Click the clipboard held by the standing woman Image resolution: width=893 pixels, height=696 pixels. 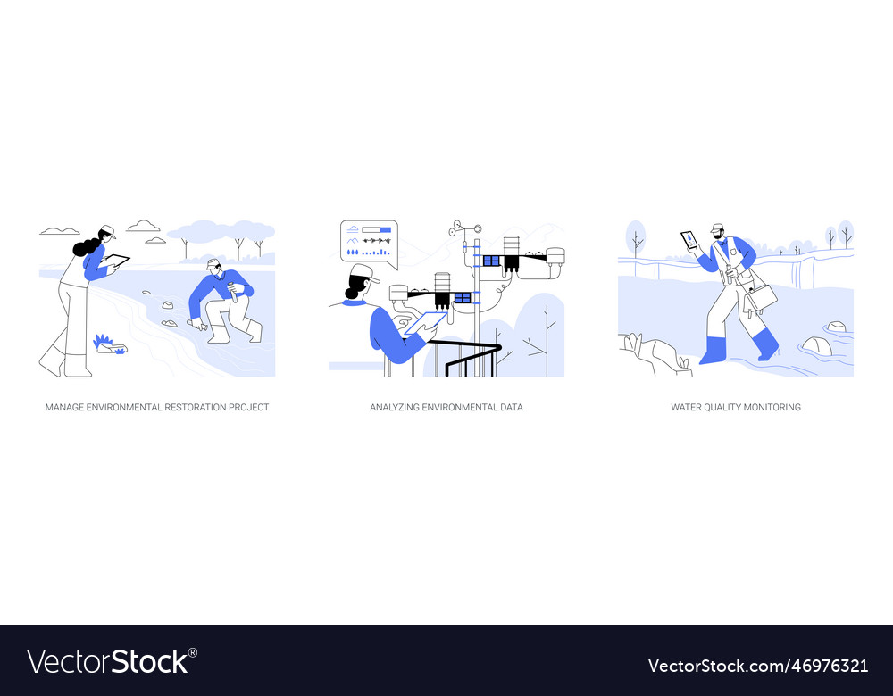tap(117, 261)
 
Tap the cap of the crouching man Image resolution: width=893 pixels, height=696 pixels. tap(212, 263)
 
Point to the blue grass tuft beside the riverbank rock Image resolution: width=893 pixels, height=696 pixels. tap(103, 340)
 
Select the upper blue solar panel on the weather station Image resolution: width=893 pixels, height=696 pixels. tap(490, 261)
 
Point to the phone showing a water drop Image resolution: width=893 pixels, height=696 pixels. tap(689, 240)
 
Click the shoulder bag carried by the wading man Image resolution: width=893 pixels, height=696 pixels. tap(762, 297)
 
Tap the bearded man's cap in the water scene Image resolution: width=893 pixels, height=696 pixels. tap(717, 228)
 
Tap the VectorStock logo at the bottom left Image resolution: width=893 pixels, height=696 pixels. tap(112, 661)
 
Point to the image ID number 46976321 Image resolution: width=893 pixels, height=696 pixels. tap(830, 666)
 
